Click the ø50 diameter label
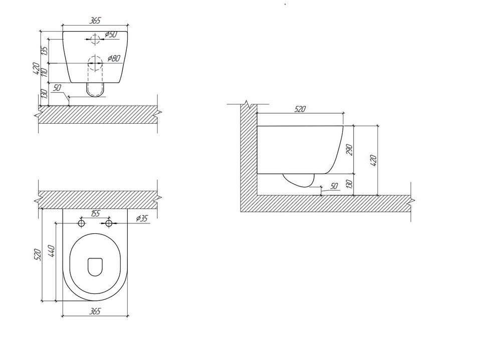point(111,34)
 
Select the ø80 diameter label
point(114,58)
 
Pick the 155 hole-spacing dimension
point(95,213)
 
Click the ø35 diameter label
point(142,218)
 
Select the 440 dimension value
point(52,251)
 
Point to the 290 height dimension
point(349,150)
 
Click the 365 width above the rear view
point(95,21)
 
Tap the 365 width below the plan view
point(95,311)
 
